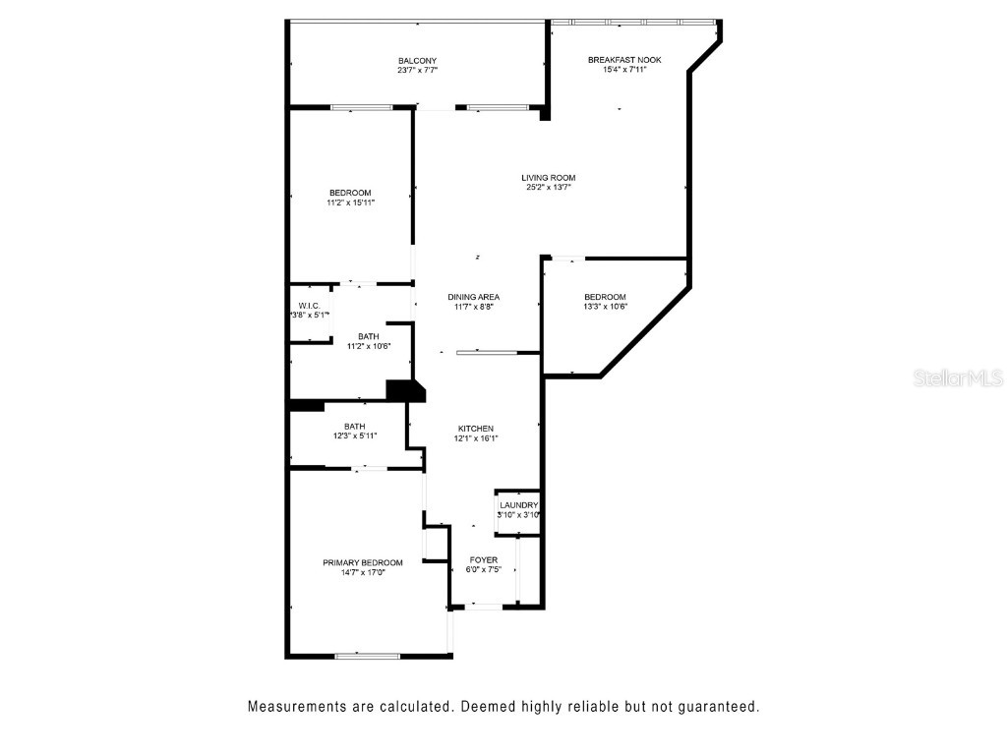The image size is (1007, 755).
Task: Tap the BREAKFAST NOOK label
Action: pyautogui.click(x=624, y=60)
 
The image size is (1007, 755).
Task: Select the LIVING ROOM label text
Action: pyautogui.click(x=548, y=178)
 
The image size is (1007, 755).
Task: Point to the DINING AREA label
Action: pyautogui.click(x=473, y=297)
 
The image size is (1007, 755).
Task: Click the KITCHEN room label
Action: pyautogui.click(x=475, y=429)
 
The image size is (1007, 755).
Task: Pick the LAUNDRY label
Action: pyautogui.click(x=518, y=505)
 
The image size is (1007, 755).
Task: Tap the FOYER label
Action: pyautogui.click(x=483, y=560)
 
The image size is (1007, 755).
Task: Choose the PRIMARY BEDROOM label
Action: pyautogui.click(x=362, y=563)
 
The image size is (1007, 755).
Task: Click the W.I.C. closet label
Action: pyautogui.click(x=307, y=306)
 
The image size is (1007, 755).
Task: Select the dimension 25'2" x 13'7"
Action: pyautogui.click(x=548, y=188)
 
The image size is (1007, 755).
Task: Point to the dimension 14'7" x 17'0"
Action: pyautogui.click(x=362, y=573)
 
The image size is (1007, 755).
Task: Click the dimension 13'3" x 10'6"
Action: pyautogui.click(x=605, y=307)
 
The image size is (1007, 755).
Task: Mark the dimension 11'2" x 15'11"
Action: pyautogui.click(x=350, y=203)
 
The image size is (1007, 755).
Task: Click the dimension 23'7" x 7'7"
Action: pyautogui.click(x=417, y=71)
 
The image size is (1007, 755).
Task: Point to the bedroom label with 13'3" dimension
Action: pyautogui.click(x=605, y=297)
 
